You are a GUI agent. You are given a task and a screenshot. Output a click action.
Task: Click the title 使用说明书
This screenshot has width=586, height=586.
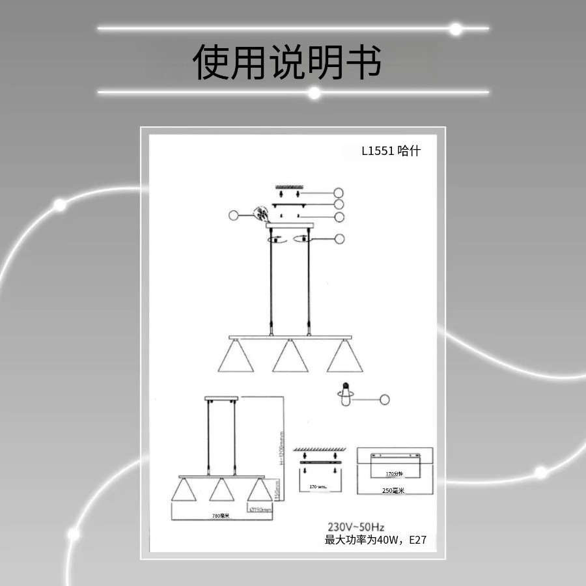286,62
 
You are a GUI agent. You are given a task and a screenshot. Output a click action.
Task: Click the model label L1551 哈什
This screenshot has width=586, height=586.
391,150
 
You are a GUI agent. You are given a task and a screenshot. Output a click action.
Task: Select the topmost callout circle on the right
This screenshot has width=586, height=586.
338,193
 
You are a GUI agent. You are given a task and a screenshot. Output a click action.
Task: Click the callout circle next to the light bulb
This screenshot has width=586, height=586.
385,399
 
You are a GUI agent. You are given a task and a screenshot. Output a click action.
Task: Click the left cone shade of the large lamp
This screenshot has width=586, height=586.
235,357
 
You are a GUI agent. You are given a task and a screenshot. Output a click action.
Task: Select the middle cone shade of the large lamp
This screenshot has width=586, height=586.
290,357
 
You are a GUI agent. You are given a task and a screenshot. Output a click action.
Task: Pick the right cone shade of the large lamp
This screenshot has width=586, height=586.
344,357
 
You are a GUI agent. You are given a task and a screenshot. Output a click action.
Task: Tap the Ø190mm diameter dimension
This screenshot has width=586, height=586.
259,509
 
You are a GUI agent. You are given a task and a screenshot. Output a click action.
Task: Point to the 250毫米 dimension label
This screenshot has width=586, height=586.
393,490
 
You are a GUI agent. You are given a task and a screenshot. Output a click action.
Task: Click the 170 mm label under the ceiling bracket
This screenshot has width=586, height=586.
318,486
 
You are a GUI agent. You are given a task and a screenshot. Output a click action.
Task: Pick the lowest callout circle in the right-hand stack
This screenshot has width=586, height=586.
338,239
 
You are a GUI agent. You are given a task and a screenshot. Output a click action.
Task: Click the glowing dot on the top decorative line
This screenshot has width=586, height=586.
456,29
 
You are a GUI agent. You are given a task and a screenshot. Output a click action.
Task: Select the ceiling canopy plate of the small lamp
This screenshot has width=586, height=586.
221,398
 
